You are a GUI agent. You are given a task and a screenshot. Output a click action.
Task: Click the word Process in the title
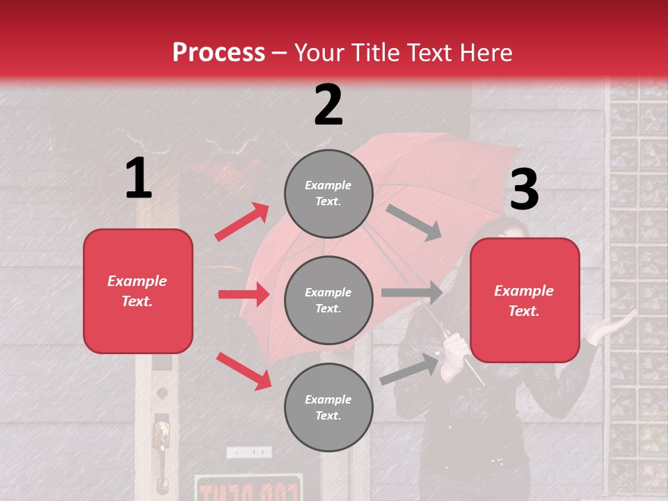click(218, 52)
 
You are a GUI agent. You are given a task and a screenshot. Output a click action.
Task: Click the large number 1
click(138, 178)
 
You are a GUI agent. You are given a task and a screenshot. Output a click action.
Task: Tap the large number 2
click(328, 105)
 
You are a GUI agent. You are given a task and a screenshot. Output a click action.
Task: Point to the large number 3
click(524, 190)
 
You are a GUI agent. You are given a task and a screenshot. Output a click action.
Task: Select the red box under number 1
click(138, 291)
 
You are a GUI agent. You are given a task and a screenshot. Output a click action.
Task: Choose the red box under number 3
click(525, 301)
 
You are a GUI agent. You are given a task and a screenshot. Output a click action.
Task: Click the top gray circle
click(328, 193)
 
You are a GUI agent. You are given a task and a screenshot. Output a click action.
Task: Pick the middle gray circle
click(328, 300)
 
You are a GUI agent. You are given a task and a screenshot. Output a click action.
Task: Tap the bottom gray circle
click(328, 407)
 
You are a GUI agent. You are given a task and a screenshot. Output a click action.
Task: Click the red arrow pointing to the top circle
click(241, 222)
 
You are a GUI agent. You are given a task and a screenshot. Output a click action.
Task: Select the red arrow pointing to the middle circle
click(244, 294)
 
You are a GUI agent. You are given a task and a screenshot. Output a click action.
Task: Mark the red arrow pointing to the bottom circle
click(244, 371)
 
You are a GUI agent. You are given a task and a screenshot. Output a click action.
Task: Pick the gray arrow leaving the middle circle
click(412, 293)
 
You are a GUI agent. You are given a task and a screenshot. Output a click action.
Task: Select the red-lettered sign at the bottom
click(248, 488)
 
